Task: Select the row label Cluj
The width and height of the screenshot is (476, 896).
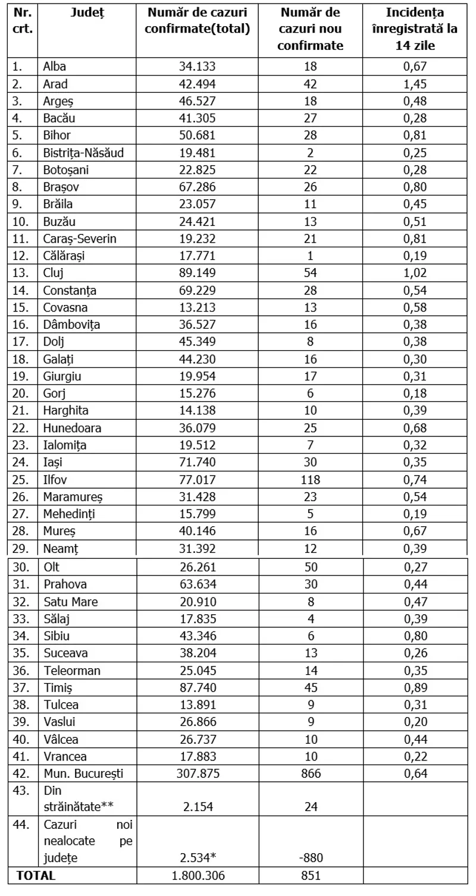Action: (53, 273)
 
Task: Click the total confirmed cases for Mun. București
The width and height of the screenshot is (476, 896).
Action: (197, 774)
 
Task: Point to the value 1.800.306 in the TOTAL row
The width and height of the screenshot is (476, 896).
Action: (197, 876)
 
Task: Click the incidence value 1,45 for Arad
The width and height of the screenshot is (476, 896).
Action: (415, 84)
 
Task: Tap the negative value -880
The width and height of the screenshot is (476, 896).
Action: (309, 858)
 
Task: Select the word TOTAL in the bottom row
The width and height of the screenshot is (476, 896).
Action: (36, 876)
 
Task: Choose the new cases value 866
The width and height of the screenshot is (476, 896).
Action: (309, 774)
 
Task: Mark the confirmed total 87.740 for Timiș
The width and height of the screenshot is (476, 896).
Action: (197, 688)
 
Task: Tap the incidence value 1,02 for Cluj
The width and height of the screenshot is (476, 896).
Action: (415, 273)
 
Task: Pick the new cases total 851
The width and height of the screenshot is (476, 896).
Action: (309, 876)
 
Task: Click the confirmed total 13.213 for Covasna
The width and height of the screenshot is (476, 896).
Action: (197, 308)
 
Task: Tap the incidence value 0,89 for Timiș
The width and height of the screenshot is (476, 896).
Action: (415, 688)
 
